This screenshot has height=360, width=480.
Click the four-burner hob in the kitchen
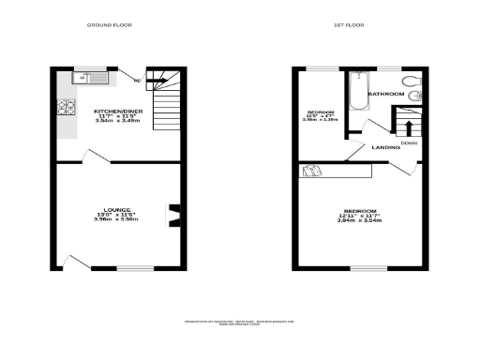[65, 110]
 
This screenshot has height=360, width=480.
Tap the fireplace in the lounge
[172, 216]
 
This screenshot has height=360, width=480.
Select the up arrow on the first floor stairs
[408, 127]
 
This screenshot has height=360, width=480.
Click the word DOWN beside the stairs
[409, 142]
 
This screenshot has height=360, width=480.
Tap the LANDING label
[385, 148]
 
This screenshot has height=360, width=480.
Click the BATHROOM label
[385, 95]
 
